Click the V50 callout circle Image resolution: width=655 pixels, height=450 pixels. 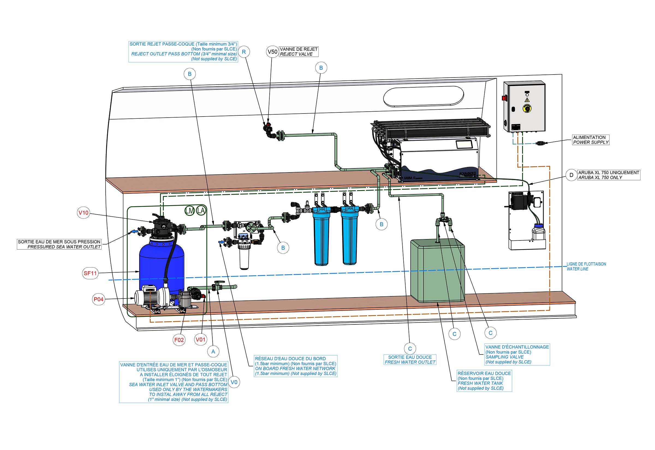pyautogui.click(x=272, y=52)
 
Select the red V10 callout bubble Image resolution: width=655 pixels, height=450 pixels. pyautogui.click(x=84, y=213)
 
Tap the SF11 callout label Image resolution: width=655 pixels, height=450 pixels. pyautogui.click(x=90, y=273)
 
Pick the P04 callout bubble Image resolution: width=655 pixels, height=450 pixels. pyautogui.click(x=99, y=299)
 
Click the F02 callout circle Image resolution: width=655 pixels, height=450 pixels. pyautogui.click(x=179, y=340)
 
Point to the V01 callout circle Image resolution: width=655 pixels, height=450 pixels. pyautogui.click(x=201, y=339)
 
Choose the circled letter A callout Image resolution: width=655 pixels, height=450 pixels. pyautogui.click(x=213, y=351)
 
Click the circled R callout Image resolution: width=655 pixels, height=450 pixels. pyautogui.click(x=244, y=52)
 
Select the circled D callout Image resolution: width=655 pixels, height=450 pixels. pyautogui.click(x=571, y=175)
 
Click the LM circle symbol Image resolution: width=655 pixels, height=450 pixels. pyautogui.click(x=190, y=210)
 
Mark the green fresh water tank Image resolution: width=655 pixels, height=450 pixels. pyautogui.click(x=437, y=270)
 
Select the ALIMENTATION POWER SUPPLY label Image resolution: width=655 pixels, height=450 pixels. pyautogui.click(x=590, y=140)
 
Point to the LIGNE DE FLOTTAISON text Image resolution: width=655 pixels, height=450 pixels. pyautogui.click(x=586, y=264)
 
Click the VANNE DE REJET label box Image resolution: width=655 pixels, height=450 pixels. pyautogui.click(x=299, y=52)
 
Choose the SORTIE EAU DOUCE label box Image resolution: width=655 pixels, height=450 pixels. pyautogui.click(x=410, y=359)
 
